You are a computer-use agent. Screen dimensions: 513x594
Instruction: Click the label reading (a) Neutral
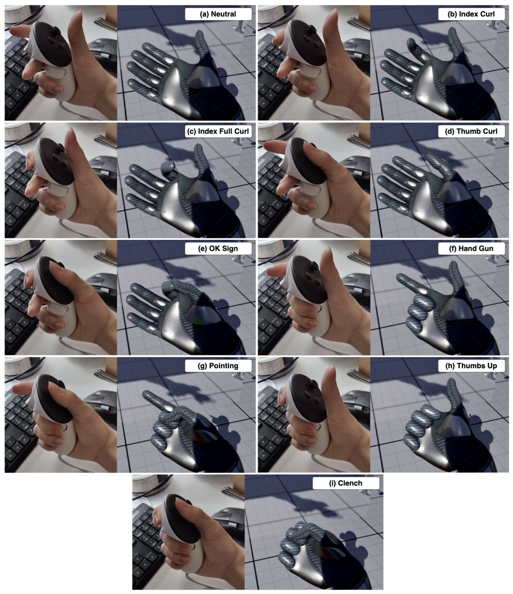[x=218, y=14]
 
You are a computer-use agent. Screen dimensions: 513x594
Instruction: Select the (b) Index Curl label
[x=471, y=14]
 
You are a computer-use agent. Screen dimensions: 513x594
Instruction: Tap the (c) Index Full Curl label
[x=218, y=131]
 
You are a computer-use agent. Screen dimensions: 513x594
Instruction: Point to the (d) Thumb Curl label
[x=471, y=131]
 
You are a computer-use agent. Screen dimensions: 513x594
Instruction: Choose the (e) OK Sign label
[x=218, y=249]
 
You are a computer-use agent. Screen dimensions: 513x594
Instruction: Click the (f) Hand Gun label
[x=471, y=249]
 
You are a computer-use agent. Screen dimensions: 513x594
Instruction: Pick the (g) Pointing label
[x=218, y=366]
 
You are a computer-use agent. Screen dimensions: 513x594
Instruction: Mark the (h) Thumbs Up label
[x=471, y=366]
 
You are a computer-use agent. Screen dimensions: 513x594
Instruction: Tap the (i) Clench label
[x=346, y=483]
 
